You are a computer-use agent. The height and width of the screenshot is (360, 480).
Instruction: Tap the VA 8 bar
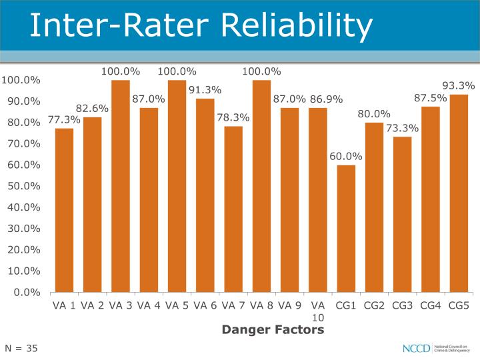point(261,186)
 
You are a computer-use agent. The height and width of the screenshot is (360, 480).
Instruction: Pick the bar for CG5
point(459,193)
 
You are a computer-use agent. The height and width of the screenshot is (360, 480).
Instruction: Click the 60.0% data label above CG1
point(346,157)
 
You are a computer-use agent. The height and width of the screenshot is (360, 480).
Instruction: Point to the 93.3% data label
point(459,85)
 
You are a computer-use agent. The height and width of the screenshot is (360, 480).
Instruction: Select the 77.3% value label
point(64,120)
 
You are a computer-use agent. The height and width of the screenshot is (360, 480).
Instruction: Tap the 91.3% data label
point(205,90)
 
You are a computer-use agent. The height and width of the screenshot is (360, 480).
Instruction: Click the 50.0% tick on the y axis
point(23,186)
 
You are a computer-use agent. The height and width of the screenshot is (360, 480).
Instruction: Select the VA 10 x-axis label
point(318,311)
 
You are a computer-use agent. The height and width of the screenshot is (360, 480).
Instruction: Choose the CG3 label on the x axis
point(402,306)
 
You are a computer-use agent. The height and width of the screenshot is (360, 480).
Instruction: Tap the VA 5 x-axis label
point(177,306)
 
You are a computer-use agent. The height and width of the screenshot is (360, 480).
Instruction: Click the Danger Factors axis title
point(273,329)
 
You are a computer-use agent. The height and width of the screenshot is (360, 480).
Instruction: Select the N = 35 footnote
point(21,348)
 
